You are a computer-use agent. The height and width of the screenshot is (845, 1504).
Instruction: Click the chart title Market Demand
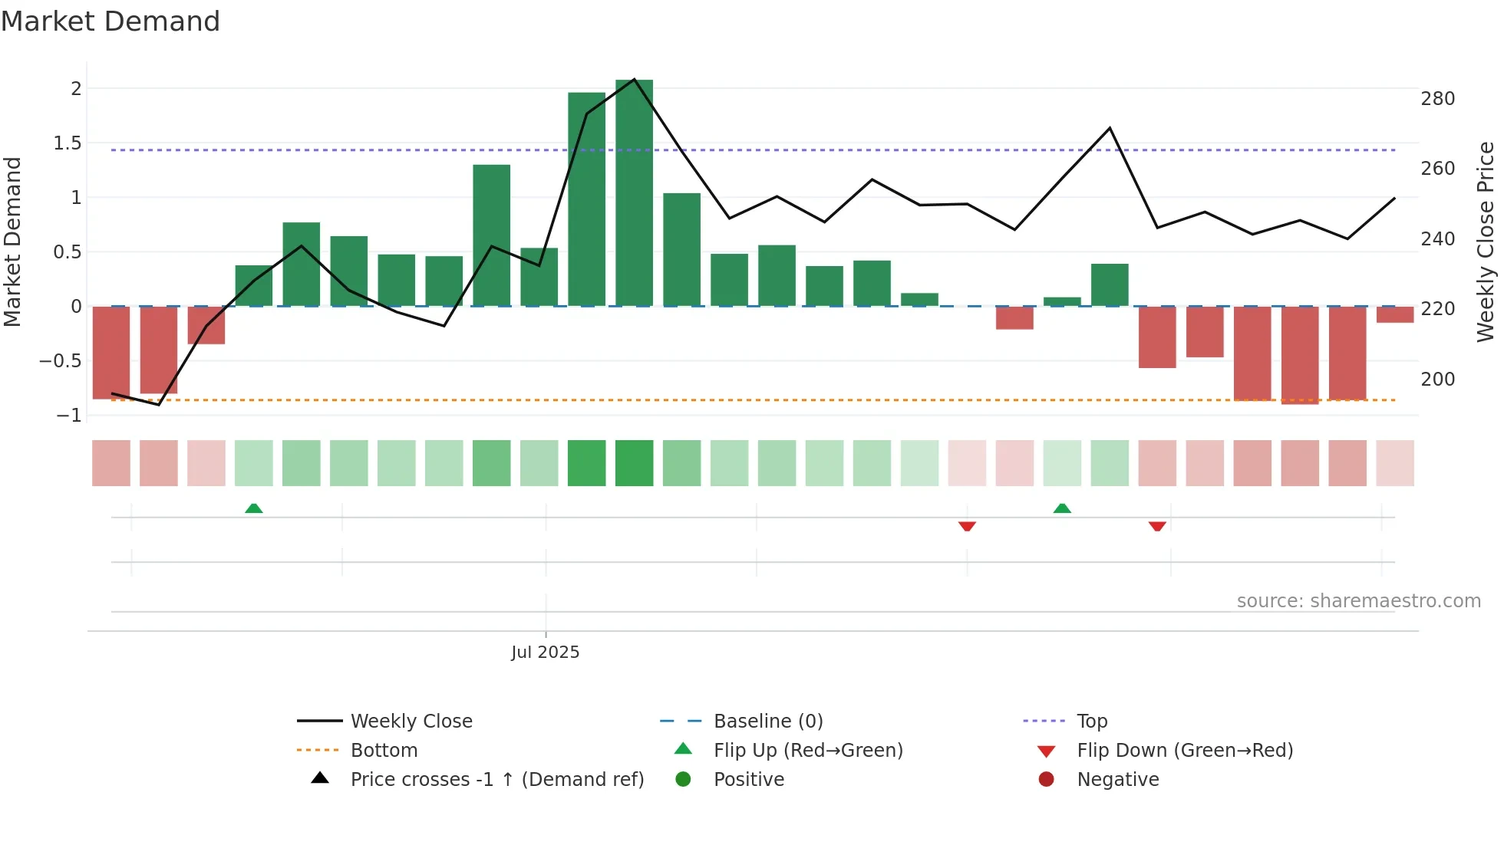[110, 21]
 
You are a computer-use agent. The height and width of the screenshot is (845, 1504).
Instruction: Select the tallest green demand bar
[634, 192]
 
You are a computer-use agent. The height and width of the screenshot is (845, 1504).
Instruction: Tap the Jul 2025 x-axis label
[545, 653]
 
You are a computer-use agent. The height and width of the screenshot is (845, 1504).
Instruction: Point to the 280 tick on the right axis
[1437, 99]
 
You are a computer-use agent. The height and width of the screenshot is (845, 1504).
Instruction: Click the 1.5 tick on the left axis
[67, 143]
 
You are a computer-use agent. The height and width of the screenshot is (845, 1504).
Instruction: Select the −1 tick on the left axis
[68, 416]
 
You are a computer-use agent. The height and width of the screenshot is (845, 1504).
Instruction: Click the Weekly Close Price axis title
[1486, 242]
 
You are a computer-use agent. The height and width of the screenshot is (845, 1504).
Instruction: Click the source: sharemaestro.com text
[1358, 601]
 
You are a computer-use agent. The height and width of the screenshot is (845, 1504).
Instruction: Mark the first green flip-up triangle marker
[254, 508]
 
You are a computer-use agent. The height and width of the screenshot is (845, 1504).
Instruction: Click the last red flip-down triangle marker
[1157, 526]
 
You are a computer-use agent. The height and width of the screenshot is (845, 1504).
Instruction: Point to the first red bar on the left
[111, 353]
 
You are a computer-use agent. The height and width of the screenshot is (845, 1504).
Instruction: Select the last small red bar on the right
[1394, 314]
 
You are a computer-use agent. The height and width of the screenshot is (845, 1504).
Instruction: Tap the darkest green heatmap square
[634, 463]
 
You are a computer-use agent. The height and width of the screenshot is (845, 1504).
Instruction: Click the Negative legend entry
[1117, 780]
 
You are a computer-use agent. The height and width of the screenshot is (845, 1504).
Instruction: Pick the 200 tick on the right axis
[1437, 380]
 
